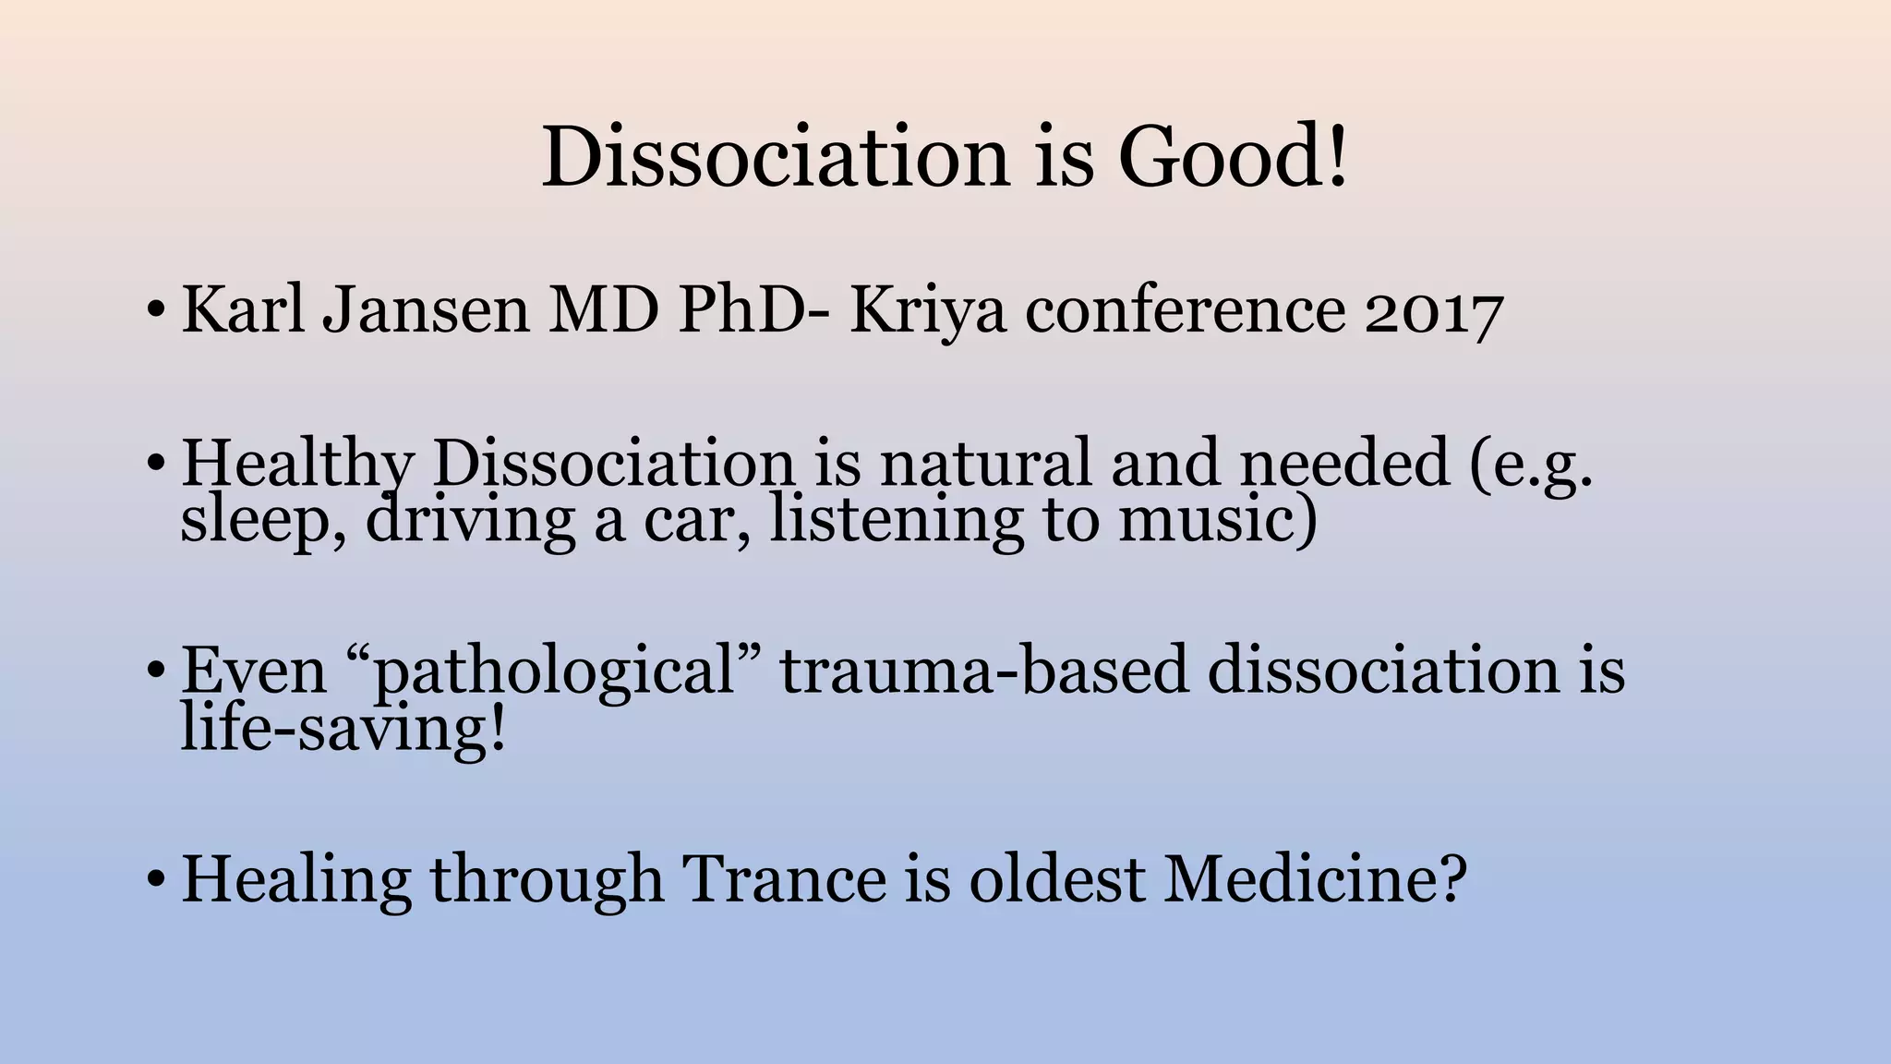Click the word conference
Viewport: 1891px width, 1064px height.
pos(1185,309)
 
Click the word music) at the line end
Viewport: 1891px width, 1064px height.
pos(1218,519)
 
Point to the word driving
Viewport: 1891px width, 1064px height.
pos(470,521)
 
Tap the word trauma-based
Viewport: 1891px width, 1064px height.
pos(984,671)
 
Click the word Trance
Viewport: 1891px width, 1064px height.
pos(784,878)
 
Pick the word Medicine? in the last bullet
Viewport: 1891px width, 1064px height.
pos(1315,878)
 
